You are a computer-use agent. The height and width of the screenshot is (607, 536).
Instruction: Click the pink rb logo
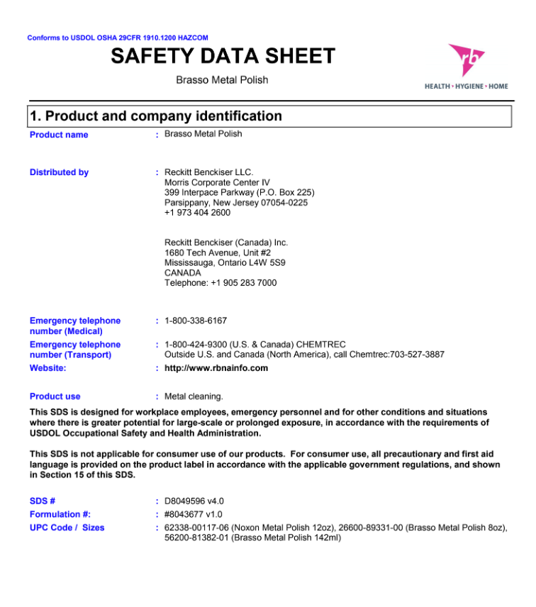point(467,61)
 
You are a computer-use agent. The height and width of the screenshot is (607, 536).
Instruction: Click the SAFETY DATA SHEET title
point(223,56)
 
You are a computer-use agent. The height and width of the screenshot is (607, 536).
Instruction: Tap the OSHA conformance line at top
point(118,38)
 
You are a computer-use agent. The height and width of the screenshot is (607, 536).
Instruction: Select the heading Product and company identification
point(156,116)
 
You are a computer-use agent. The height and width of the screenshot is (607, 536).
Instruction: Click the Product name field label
point(59,135)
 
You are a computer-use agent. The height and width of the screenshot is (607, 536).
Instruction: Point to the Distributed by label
point(59,172)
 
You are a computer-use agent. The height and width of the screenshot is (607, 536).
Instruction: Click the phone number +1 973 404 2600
point(197,213)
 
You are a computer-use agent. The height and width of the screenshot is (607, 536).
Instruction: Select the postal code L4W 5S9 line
point(225,262)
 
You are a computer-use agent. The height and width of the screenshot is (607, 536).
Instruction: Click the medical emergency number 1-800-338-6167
point(196,321)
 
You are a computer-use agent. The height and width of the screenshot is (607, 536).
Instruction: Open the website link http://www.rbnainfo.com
point(216,368)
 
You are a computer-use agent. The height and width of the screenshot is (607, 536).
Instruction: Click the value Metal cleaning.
point(194,396)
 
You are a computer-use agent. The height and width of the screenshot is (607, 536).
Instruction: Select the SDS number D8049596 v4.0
point(194,501)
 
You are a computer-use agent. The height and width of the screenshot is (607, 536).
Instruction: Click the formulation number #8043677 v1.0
point(194,514)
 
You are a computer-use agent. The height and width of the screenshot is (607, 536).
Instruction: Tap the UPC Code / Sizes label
point(67,528)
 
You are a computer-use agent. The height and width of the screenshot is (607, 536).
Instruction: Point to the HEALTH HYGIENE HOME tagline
point(466,87)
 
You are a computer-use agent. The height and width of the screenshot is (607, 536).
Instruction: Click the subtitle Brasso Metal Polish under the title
point(222,80)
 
